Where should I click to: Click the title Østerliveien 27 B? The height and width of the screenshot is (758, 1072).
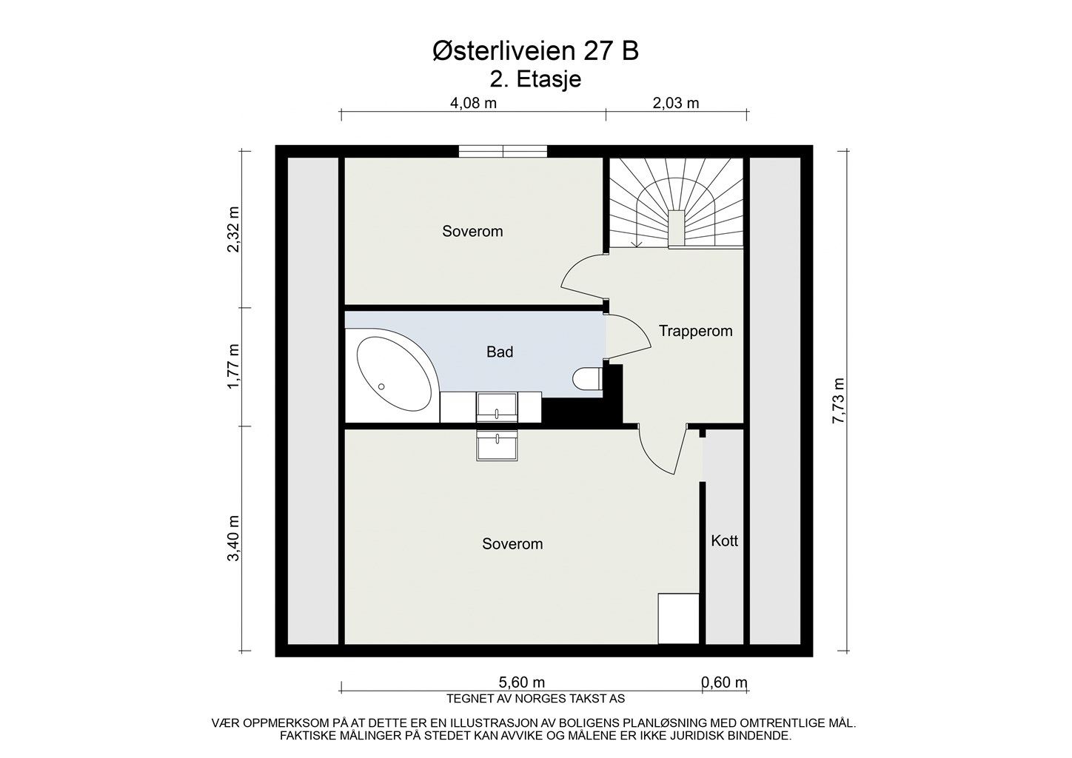pos(535,51)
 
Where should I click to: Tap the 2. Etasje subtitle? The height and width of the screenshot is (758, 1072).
pos(535,79)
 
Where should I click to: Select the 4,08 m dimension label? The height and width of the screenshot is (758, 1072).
pos(473,103)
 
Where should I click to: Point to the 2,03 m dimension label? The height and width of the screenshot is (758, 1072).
pos(676,103)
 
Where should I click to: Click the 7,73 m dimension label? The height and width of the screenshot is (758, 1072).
pos(839,401)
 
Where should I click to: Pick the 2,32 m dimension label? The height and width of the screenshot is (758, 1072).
pos(233,229)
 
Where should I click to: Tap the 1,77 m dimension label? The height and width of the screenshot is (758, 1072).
pos(233,366)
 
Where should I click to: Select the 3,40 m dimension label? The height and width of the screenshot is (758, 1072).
pos(233,538)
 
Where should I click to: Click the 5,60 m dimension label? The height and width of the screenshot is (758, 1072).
pos(522,682)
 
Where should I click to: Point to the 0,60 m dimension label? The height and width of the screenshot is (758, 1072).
pos(724,682)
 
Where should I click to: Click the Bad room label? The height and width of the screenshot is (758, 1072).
pos(500,352)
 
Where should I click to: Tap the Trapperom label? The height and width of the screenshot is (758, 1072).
pos(695,331)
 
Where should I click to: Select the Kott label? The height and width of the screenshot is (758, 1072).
pos(725,541)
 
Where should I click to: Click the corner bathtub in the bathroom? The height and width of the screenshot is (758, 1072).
pos(392,373)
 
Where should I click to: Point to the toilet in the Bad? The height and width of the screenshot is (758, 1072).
pos(588,379)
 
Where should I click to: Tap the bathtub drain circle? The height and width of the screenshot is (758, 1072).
pos(381,386)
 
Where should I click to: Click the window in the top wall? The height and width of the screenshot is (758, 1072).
pos(503,151)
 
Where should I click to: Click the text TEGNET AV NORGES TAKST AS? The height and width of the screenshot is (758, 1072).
pos(535,699)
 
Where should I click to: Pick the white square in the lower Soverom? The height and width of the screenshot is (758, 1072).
pos(679,619)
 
